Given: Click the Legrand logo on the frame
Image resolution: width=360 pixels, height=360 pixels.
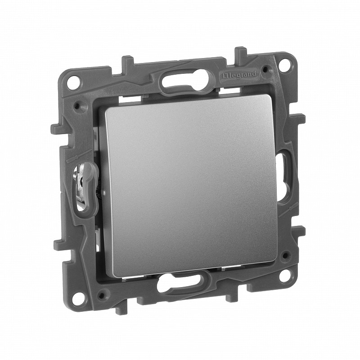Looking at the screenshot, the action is (x=239, y=75).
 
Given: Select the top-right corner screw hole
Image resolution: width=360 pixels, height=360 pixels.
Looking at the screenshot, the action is (x=285, y=63).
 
